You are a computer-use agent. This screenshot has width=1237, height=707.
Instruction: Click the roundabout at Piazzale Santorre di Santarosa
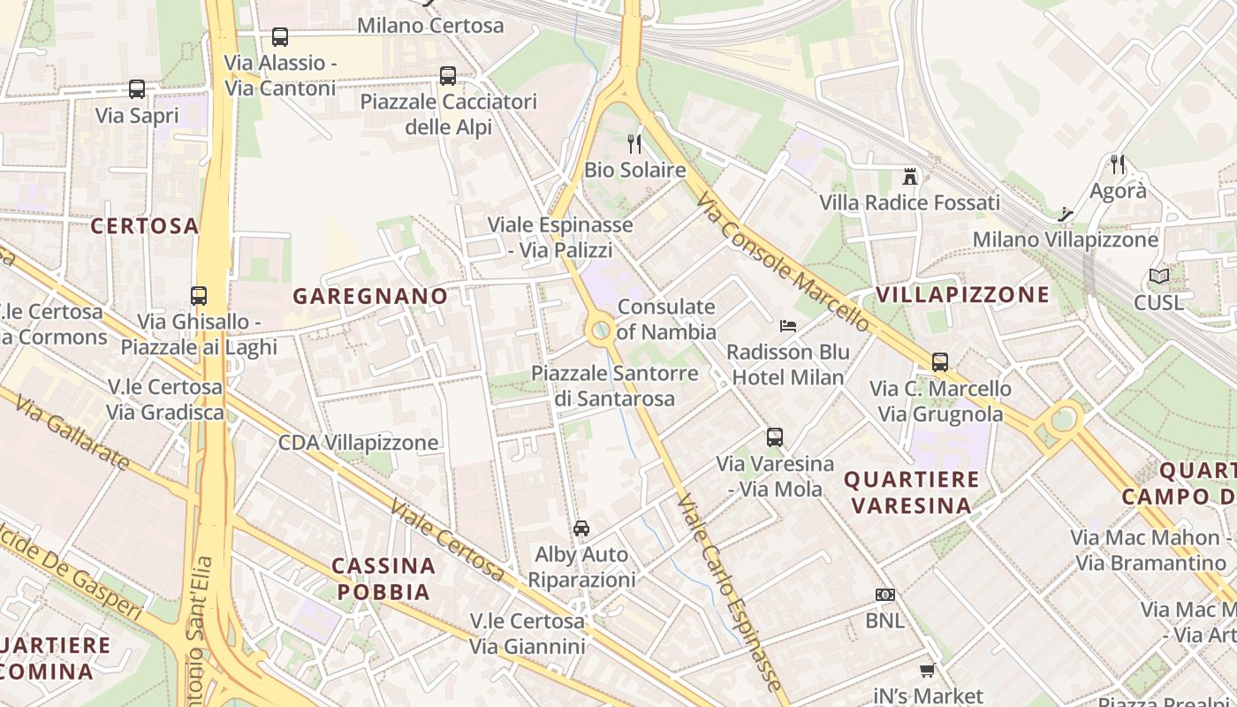[601, 331]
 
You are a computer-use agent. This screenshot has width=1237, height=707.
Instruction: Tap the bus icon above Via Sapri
[137, 89]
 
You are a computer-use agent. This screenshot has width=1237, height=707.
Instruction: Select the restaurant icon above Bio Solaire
[634, 143]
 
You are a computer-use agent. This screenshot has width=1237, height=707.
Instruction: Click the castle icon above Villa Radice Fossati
[910, 176]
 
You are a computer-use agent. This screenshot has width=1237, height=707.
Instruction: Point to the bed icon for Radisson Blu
[788, 326]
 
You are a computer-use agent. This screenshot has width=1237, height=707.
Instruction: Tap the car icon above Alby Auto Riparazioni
[581, 528]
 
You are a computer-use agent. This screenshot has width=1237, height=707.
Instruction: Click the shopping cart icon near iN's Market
[927, 671]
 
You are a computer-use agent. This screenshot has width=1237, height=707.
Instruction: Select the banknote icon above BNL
[884, 595]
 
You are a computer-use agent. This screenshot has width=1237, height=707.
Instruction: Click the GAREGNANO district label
[370, 296]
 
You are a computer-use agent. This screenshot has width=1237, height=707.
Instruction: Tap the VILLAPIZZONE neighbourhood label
[962, 294]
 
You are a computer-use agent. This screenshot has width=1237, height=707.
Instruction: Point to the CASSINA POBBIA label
[383, 578]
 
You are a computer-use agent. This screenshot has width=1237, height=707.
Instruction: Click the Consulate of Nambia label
[666, 319]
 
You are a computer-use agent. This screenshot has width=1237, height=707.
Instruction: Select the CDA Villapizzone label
[358, 442]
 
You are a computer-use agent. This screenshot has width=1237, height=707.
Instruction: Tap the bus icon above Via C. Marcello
[940, 362]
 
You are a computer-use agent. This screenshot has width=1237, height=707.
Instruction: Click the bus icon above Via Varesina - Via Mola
[775, 437]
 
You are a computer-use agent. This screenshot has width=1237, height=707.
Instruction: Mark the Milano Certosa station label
[430, 26]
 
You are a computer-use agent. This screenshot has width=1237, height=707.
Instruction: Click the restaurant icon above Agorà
[1118, 164]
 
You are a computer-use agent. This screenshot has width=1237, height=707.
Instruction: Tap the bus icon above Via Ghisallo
[199, 296]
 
